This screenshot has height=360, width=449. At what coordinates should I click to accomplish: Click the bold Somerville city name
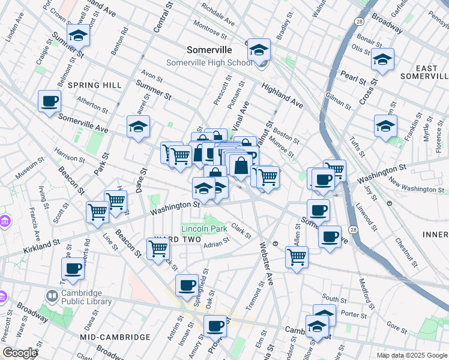[209, 50]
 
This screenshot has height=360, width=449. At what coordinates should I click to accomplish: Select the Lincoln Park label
[204, 229]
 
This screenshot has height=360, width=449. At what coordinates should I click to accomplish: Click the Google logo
[20, 353]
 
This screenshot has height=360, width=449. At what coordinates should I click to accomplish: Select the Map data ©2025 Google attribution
[411, 355]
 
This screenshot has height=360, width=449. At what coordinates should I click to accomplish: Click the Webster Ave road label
[265, 264]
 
